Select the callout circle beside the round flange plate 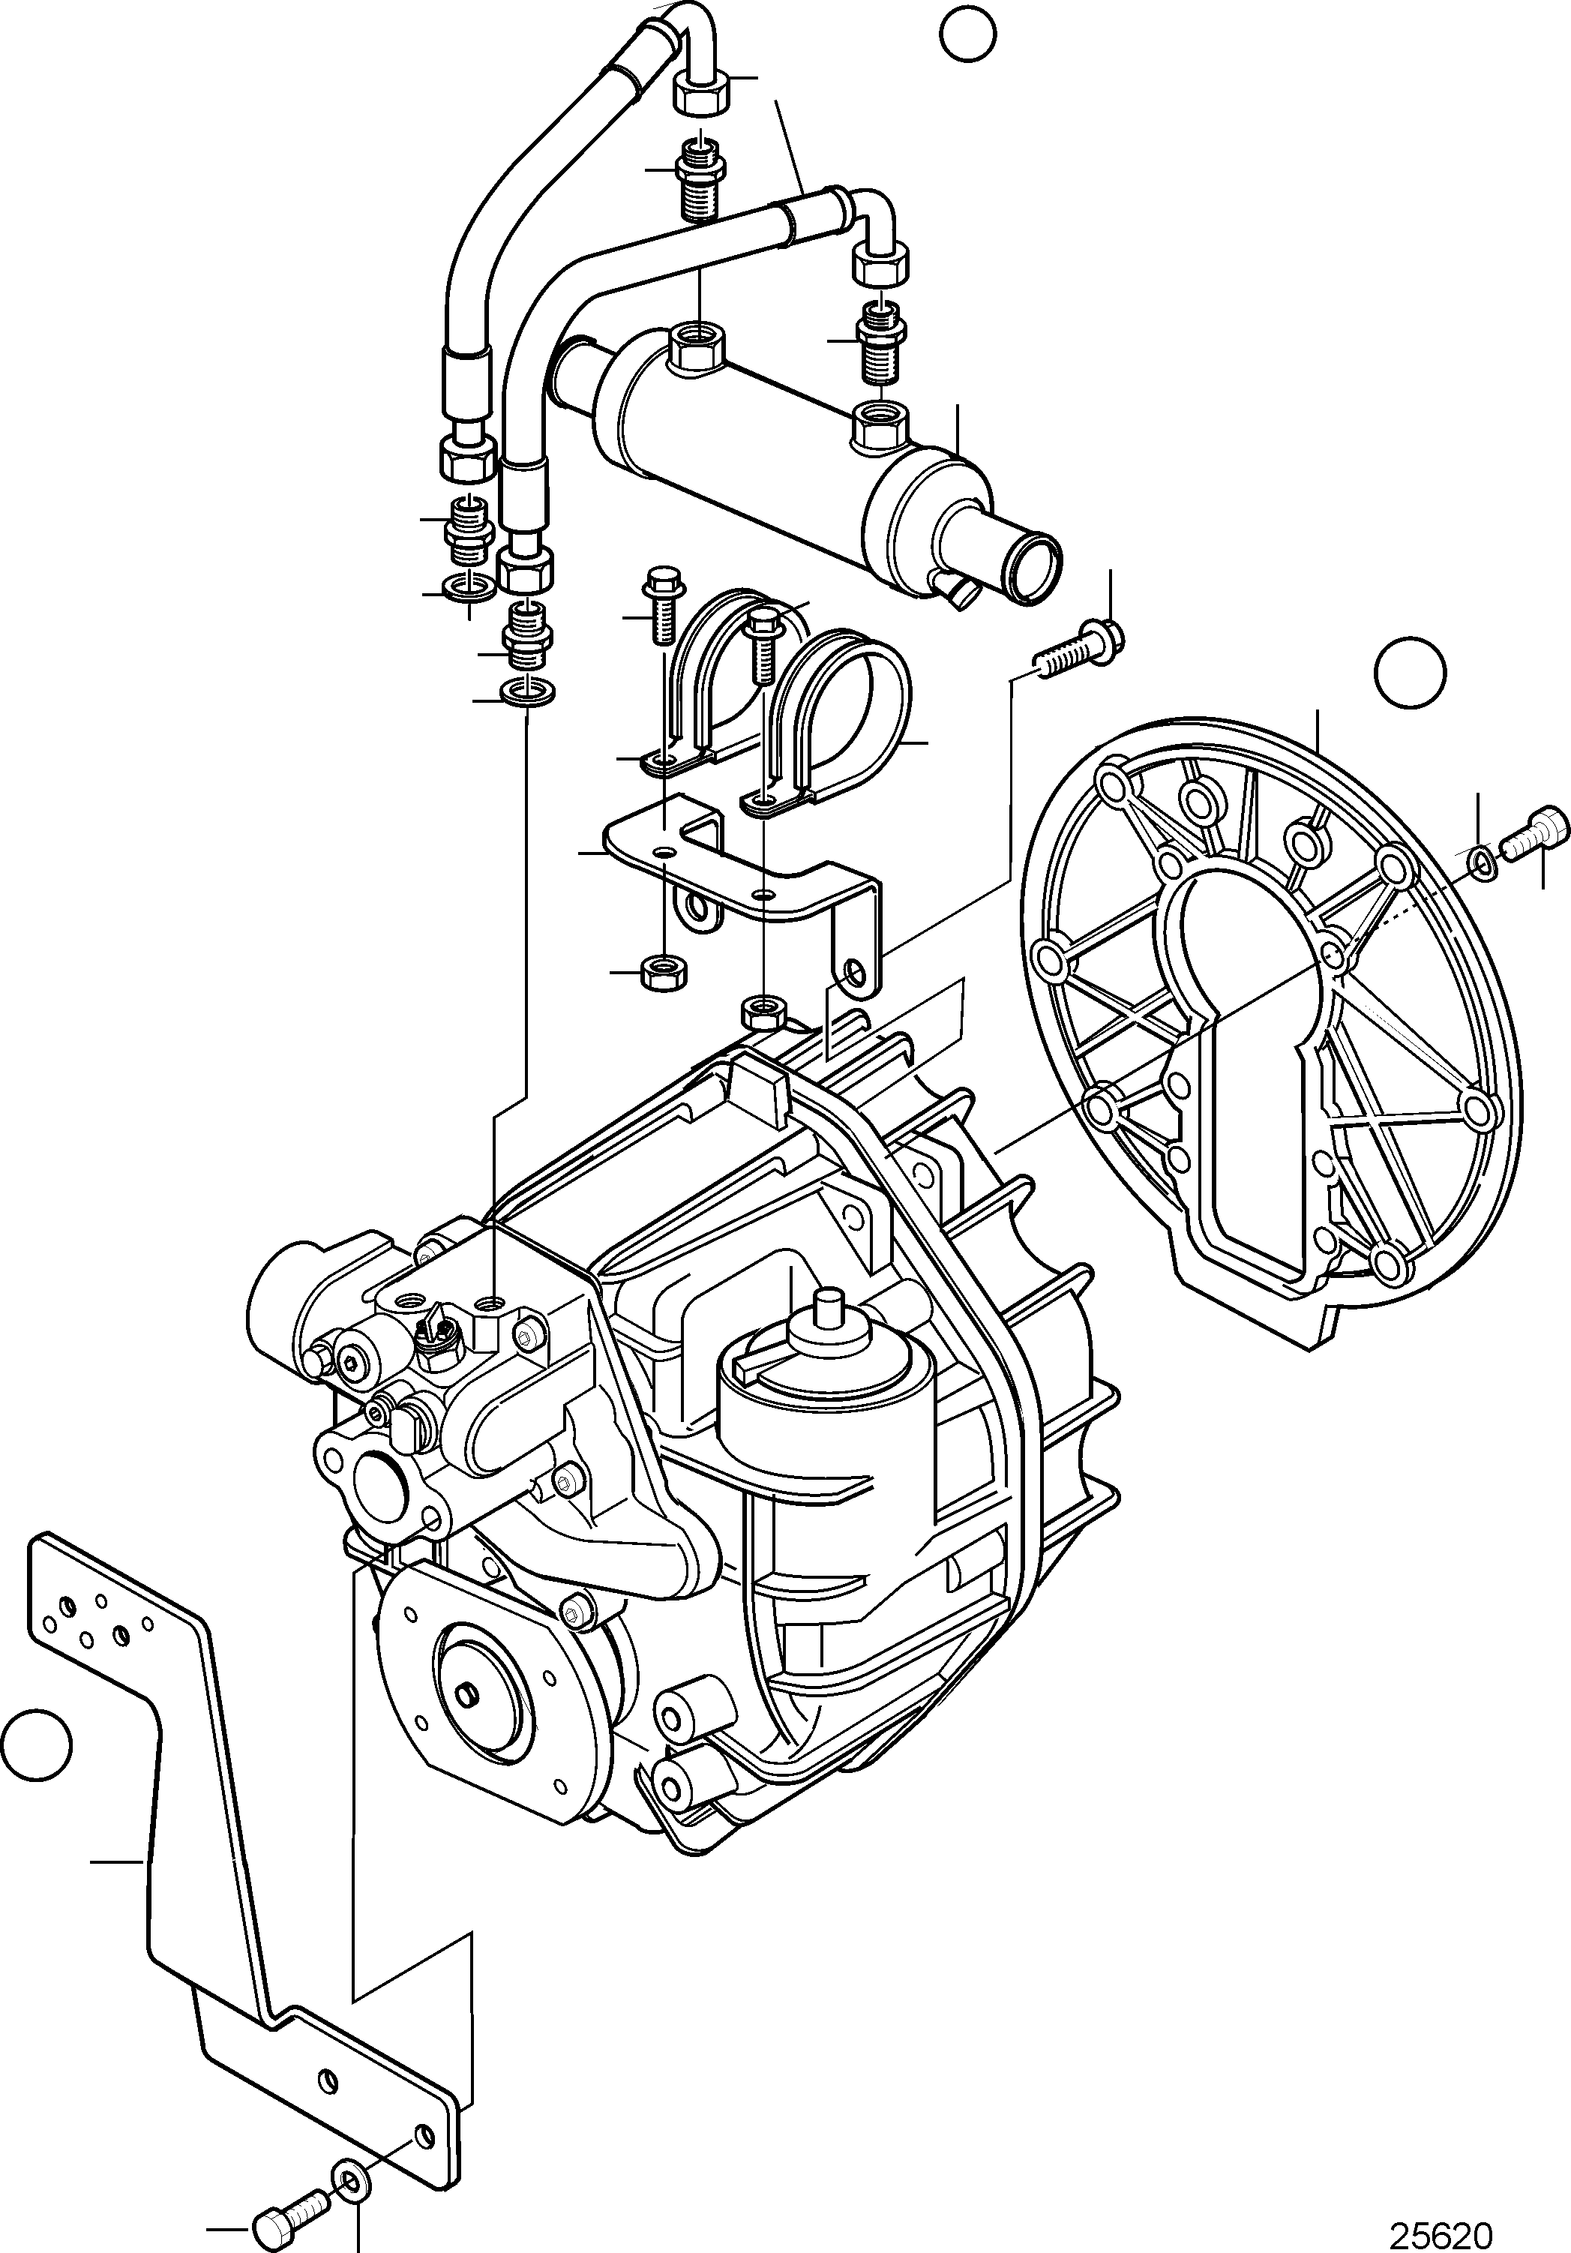point(1410,671)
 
